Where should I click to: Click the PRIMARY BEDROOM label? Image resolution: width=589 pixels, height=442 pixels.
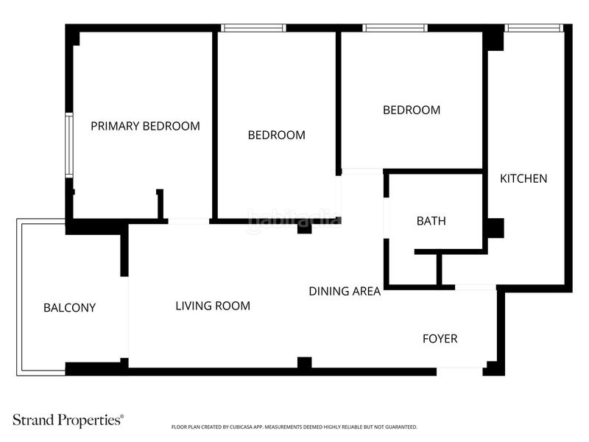[145, 126]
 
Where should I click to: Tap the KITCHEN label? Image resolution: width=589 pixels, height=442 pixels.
[523, 178]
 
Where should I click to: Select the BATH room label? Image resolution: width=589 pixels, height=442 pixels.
[431, 221]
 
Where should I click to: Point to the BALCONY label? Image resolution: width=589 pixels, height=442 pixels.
[69, 308]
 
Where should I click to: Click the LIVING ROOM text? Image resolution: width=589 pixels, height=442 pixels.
[213, 306]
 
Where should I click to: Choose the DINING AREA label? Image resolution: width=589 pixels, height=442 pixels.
[344, 291]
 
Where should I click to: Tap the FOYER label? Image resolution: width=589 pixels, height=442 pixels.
[440, 339]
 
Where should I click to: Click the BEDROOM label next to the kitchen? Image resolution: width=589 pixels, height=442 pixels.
[411, 110]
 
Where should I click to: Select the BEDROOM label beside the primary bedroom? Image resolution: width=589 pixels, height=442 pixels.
[276, 135]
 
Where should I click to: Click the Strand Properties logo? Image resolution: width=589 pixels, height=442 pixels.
[68, 421]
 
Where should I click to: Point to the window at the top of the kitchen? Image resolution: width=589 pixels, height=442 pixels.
[534, 28]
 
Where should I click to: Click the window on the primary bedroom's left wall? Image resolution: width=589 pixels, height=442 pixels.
[68, 145]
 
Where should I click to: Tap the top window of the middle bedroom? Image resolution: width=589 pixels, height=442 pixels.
[253, 28]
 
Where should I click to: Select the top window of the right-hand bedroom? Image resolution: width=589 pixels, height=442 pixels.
[395, 28]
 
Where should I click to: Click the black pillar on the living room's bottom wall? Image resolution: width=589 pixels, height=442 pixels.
[304, 362]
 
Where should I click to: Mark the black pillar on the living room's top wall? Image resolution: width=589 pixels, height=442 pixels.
[304, 228]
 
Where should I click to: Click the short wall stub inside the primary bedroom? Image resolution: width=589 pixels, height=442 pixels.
[160, 204]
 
